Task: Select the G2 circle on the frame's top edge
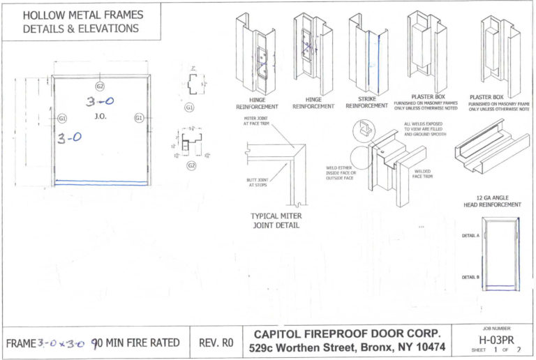pos(100,86)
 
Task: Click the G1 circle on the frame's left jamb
pos(62,118)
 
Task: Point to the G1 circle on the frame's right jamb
pos(139,118)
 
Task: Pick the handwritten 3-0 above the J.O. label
pos(100,102)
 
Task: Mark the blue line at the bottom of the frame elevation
pos(101,183)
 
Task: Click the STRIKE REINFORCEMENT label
pos(366,103)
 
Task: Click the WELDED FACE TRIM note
pos(422,173)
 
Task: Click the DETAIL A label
pos(470,236)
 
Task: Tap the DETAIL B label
pos(470,277)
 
